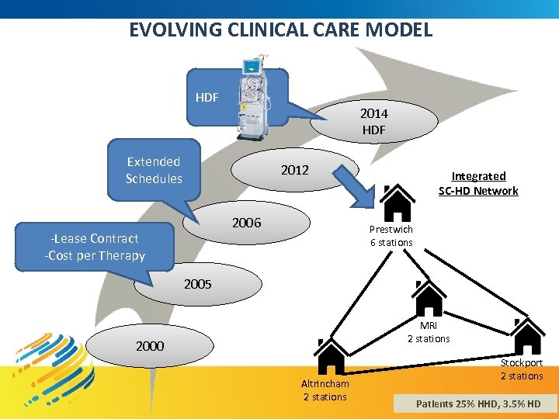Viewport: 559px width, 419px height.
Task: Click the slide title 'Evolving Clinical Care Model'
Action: coord(280,30)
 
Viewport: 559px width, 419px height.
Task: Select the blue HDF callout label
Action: coord(207,98)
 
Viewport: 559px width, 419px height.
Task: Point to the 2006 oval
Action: coord(247,223)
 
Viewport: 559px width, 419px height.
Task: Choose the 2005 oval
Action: coord(198,285)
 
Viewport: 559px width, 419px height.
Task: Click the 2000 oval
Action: coord(150,346)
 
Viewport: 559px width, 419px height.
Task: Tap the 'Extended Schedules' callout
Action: coord(154,170)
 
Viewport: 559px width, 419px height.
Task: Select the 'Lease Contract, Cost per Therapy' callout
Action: coord(95,247)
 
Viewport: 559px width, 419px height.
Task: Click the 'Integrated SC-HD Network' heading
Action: coord(478,183)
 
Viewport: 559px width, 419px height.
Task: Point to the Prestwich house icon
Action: coord(397,203)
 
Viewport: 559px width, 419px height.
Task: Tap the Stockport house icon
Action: coord(527,336)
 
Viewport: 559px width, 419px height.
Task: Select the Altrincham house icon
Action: coord(331,357)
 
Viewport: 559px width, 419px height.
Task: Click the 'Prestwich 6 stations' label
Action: coord(391,236)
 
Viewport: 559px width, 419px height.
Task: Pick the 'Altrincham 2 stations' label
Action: coord(325,390)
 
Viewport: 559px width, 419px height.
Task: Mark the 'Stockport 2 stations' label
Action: coord(521,369)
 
